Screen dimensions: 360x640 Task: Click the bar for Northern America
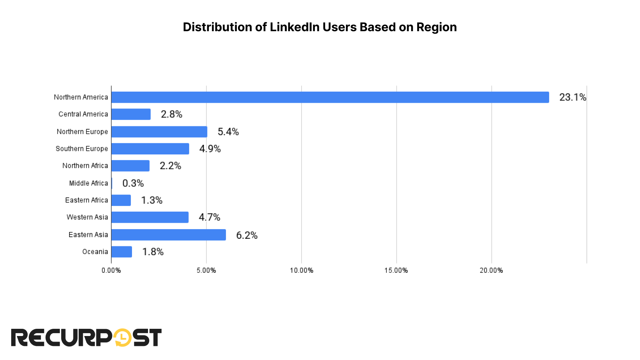pos(330,97)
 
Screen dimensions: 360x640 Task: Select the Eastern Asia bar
pos(168,235)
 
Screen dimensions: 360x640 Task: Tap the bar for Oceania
pos(122,252)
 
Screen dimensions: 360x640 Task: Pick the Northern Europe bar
pos(159,132)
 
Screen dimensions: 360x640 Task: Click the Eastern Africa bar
pos(121,200)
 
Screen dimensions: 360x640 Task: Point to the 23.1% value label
pos(572,97)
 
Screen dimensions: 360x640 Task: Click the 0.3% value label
pos(133,183)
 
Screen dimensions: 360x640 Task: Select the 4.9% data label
pos(210,149)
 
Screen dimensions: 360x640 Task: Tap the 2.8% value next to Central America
pos(171,114)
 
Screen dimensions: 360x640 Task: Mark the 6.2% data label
pos(246,235)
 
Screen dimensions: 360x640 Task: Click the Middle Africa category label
pos(88,183)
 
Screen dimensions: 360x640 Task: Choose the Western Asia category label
pos(87,217)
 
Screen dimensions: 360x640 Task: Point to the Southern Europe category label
pos(82,149)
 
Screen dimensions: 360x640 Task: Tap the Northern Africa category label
pos(85,166)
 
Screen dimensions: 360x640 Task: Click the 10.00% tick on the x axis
pos(301,270)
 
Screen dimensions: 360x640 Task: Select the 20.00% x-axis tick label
pos(491,270)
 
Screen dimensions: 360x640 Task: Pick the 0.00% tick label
pos(111,270)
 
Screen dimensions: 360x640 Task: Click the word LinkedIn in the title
pos(294,27)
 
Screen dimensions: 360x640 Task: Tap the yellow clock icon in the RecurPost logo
pos(122,338)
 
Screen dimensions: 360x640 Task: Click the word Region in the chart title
pos(436,27)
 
